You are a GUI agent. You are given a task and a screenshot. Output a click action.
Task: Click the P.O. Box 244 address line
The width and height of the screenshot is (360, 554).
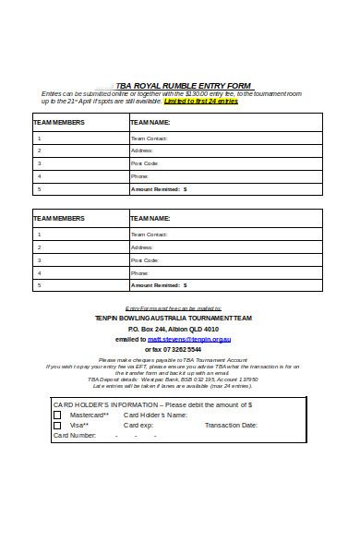pos(174,329)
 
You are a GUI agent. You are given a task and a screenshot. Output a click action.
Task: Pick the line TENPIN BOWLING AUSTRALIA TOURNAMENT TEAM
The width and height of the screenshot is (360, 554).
pos(174,318)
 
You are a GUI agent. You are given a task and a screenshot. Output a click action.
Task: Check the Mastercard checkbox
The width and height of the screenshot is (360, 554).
pos(57,415)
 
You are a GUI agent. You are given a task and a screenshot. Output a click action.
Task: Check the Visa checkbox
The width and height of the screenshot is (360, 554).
pos(57,425)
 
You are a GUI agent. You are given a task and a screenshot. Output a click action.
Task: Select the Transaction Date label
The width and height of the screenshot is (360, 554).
pos(231,425)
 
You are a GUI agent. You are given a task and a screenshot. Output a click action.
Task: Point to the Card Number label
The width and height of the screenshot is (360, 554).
pos(76,435)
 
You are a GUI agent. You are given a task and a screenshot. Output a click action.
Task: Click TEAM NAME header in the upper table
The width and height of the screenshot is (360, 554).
pos(150,122)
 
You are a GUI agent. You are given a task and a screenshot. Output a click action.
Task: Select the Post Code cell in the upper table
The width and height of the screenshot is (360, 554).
pos(145,163)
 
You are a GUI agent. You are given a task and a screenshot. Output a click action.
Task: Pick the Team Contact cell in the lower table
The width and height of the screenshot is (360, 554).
pos(150,235)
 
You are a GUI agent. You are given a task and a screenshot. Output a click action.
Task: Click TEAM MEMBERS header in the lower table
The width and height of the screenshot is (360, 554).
pos(59,219)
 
